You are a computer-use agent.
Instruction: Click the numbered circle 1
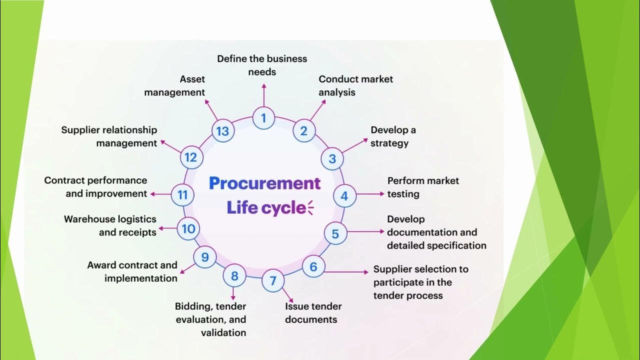pos(263,118)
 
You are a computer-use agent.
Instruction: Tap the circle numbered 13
pos(222,131)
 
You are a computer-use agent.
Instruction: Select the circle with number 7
pos(273,280)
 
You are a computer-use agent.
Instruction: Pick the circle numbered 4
pos(344,196)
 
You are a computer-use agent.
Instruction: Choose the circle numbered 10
pos(188,229)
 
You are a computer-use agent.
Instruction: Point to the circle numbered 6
pos(313,266)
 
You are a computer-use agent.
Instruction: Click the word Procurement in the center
pos(264,183)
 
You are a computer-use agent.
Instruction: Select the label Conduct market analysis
pos(355,85)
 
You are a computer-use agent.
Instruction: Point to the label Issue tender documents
pos(313,312)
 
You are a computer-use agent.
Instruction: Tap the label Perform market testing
pos(422,187)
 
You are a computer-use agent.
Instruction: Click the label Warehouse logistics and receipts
pos(110,225)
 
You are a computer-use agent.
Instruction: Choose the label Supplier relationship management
pos(109,136)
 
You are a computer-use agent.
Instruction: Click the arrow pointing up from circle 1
pos(263,95)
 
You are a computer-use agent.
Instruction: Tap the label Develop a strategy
pos(393,136)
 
